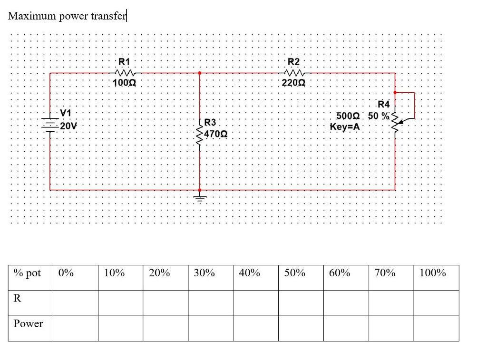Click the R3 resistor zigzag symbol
pyautogui.click(x=200, y=133)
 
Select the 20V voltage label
pyautogui.click(x=68, y=126)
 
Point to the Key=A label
pyautogui.click(x=345, y=127)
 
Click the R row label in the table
pyautogui.click(x=18, y=298)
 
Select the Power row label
pyautogui.click(x=28, y=324)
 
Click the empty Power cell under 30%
pyautogui.click(x=211, y=328)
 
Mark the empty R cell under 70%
pyautogui.click(x=391, y=303)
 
